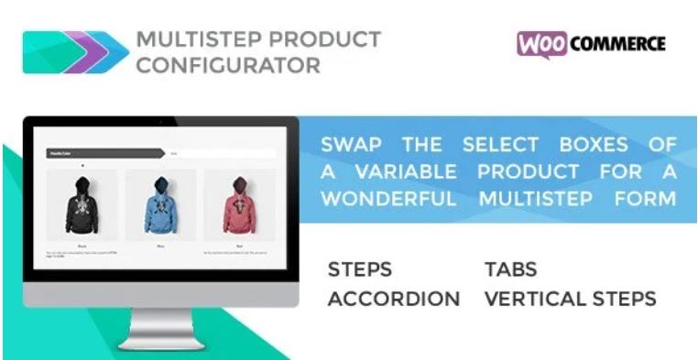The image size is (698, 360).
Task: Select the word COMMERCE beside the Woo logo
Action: tap(617, 44)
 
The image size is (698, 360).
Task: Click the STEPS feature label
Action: tap(359, 270)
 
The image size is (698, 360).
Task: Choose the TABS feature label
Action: tap(510, 270)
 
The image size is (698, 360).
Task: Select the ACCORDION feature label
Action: tap(394, 299)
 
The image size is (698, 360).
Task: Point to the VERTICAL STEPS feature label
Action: tap(570, 299)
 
